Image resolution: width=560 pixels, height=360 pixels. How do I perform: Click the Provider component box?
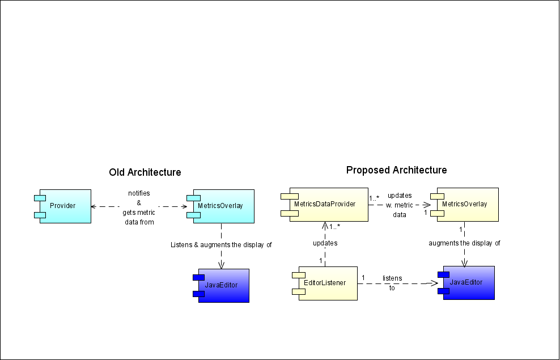pos(63,206)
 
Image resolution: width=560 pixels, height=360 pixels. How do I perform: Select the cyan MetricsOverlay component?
pos(220,206)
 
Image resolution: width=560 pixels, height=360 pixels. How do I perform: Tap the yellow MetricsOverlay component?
pos(465,205)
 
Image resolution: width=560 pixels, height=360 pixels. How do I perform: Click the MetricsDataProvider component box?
pos(325,205)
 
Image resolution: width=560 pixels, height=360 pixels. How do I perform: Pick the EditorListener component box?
pos(325,283)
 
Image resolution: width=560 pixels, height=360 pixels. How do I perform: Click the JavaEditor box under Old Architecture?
pos(221,286)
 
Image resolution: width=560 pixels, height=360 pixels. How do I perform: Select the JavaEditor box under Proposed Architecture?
pos(466,283)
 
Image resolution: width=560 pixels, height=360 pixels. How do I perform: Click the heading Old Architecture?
pos(145,172)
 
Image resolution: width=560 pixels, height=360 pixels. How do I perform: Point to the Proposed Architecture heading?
pos(396,170)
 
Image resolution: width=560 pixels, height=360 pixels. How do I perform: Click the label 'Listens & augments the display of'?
pos(221,245)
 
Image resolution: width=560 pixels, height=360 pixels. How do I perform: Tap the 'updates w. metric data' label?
pos(400,205)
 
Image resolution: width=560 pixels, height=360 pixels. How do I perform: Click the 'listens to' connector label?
pos(392,283)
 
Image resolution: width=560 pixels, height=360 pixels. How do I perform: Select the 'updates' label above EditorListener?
pos(325,243)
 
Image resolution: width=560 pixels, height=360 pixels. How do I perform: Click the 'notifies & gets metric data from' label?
pos(139,207)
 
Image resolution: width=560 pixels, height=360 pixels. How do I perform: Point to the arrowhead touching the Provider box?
pos(93,206)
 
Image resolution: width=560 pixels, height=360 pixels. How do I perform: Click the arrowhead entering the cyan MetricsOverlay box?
pos(185,206)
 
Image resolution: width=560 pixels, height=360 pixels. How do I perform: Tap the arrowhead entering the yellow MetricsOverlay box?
pos(427,205)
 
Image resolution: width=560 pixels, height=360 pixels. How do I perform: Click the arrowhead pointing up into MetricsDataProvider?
pos(325,226)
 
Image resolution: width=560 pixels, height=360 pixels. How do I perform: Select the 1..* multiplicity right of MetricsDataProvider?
pos(374,197)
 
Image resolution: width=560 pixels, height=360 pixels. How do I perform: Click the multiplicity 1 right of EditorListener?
pos(363,277)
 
